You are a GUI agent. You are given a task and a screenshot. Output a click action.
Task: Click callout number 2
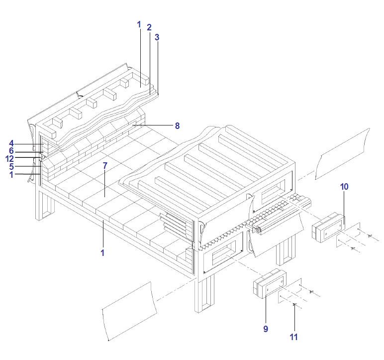[149, 27]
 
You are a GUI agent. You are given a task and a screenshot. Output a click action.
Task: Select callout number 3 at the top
[157, 37]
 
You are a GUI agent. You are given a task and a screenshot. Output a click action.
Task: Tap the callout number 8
[177, 126]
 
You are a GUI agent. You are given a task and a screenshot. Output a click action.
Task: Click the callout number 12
[9, 159]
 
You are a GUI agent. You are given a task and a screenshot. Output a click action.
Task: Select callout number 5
[10, 167]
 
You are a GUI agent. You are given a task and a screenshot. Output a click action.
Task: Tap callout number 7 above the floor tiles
[105, 165]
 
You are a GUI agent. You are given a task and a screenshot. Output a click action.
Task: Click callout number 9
[266, 329]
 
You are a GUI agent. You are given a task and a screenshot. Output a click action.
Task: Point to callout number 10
[344, 187]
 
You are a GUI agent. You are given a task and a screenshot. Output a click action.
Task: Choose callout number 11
[293, 337]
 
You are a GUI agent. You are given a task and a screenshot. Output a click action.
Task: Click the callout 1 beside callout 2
[139, 24]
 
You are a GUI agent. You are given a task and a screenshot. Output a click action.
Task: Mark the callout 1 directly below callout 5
[10, 174]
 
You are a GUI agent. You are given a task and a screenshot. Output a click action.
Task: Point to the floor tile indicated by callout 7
[105, 192]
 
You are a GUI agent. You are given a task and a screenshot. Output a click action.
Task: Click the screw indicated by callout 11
[294, 304]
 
